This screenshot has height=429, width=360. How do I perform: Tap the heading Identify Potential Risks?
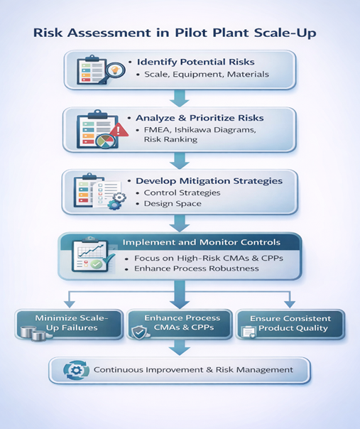tap(195, 62)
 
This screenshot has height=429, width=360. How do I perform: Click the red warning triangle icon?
tap(119, 129)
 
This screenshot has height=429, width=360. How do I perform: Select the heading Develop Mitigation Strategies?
tap(209, 181)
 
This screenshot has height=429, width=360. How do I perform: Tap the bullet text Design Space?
tap(173, 204)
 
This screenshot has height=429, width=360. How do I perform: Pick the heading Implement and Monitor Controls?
tap(202, 242)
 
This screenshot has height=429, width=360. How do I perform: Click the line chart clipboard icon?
tap(92, 255)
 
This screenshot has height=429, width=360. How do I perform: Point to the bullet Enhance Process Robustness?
tap(197, 268)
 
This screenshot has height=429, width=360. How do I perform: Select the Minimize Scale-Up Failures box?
tap(69, 325)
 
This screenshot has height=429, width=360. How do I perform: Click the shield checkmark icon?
tap(139, 332)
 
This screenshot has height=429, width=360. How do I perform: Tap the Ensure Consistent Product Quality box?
tap(290, 325)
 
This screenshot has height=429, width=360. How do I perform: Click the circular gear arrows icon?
tap(76, 370)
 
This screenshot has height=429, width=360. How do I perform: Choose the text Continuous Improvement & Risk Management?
tap(193, 370)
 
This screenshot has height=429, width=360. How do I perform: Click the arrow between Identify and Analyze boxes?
tap(180, 98)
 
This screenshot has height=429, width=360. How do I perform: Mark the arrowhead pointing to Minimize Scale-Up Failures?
tap(70, 304)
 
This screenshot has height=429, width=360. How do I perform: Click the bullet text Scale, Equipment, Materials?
tap(207, 75)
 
